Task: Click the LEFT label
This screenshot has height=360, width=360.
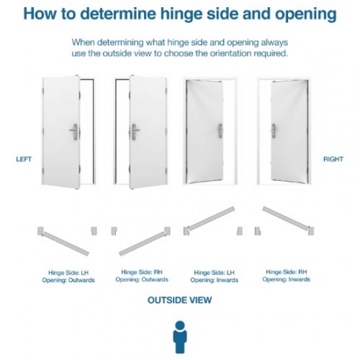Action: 24,159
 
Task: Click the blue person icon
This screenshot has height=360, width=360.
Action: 179,336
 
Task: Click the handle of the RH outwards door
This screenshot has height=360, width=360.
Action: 135,131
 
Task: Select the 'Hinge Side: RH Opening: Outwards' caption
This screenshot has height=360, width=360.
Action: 141,276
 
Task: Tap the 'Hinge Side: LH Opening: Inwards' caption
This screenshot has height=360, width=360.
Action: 215,276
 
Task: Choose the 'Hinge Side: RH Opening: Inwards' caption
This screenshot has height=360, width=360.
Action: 287,276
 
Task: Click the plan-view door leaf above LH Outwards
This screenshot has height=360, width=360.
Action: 65,242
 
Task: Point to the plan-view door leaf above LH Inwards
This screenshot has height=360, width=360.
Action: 211,219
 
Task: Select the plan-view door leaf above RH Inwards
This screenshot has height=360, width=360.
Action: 285,219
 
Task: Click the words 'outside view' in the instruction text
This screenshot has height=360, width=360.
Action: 115,53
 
